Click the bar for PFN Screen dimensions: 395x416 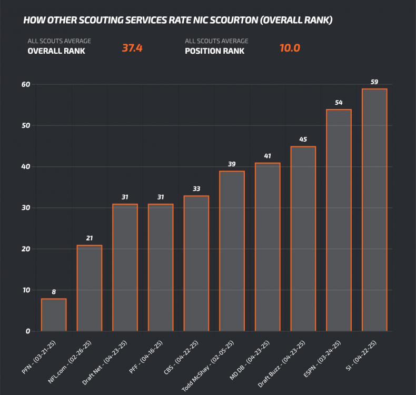54,315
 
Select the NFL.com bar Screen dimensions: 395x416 90,288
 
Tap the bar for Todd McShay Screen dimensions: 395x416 232,251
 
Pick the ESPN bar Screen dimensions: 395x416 339,220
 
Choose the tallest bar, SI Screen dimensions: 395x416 374,210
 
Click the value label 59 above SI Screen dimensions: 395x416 374,82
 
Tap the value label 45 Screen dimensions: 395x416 303,140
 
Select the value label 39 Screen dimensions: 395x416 232,164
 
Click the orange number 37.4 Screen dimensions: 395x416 132,48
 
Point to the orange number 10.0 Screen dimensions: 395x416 289,48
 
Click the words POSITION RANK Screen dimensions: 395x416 214,51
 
